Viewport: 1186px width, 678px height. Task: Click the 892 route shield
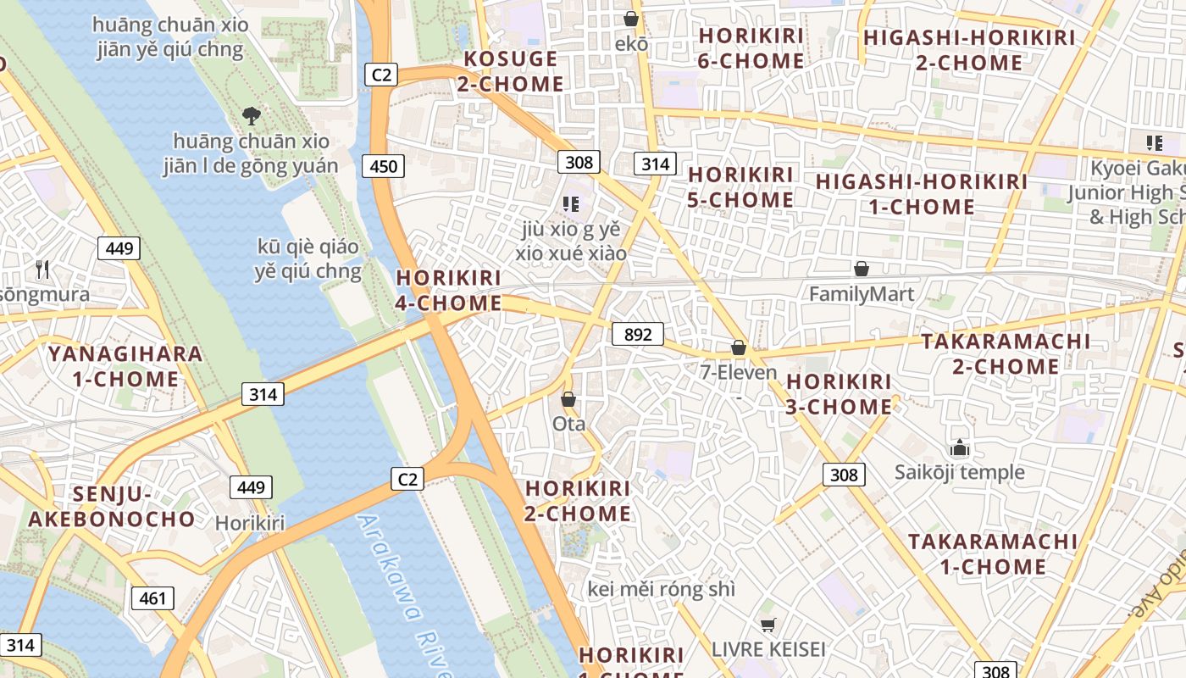[637, 334]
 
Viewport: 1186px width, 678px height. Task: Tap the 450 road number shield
[383, 166]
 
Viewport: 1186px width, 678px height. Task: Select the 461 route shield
[152, 598]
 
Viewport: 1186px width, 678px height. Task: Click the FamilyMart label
[862, 294]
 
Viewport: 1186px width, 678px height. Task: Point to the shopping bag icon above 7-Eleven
[739, 347]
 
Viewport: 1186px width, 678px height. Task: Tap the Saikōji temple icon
[959, 447]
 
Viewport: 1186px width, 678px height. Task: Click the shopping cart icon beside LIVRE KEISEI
[768, 625]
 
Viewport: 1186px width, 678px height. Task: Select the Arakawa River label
[402, 593]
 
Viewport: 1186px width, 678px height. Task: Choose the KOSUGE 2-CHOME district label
[511, 71]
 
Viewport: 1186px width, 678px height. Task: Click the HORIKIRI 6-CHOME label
[751, 48]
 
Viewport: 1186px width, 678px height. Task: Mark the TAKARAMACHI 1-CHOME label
[993, 553]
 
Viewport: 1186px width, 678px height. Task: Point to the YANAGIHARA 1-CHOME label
[125, 366]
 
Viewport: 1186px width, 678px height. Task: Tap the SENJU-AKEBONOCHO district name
[111, 506]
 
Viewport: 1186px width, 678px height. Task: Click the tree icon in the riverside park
[251, 115]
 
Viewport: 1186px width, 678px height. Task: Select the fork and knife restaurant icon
[42, 270]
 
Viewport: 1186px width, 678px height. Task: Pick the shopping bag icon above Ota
[568, 398]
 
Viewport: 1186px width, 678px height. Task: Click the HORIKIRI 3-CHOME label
[839, 394]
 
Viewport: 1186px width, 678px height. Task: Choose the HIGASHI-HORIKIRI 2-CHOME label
[969, 50]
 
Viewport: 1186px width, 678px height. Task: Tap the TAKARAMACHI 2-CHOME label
[1006, 353]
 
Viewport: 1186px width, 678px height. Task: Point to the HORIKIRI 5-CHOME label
[741, 187]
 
